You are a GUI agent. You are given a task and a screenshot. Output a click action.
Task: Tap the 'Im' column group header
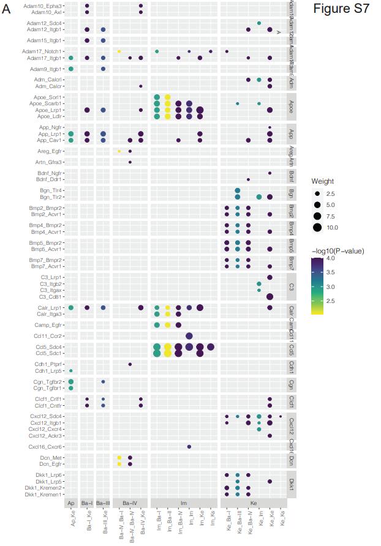[x=184, y=503]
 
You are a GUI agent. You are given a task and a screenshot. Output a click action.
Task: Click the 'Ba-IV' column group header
[x=130, y=503]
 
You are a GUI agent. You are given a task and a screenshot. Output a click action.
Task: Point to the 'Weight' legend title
[x=322, y=181]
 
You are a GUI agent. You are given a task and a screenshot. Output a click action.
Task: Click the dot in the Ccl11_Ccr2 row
[x=189, y=336]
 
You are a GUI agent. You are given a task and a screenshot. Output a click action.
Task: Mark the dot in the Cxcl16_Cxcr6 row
[x=189, y=447]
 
